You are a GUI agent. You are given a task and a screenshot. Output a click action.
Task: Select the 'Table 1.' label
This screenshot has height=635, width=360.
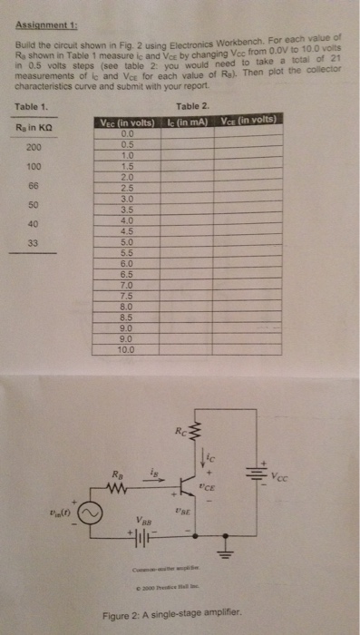click(32, 106)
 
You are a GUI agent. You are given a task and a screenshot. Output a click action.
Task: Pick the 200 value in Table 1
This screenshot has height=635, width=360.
click(34, 147)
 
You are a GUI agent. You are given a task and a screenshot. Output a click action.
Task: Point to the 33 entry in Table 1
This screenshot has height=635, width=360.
click(34, 242)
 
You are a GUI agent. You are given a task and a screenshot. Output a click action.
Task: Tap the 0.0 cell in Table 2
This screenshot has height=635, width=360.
click(127, 133)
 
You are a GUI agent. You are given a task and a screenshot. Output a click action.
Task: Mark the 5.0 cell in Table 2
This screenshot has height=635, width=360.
click(127, 242)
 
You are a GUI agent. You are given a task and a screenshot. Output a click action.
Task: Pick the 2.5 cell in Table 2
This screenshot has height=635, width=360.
click(127, 188)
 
